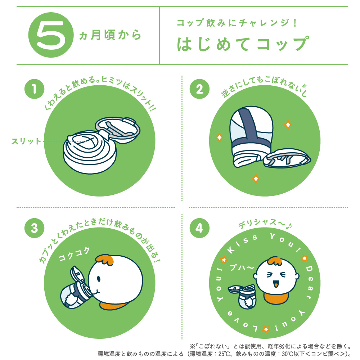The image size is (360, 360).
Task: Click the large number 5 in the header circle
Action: [x=50, y=36]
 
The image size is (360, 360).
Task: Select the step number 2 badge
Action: [x=199, y=89]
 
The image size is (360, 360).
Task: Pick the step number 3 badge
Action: [x=34, y=228]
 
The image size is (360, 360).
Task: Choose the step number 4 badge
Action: [x=199, y=228]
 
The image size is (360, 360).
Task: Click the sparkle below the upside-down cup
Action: [x=256, y=178]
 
